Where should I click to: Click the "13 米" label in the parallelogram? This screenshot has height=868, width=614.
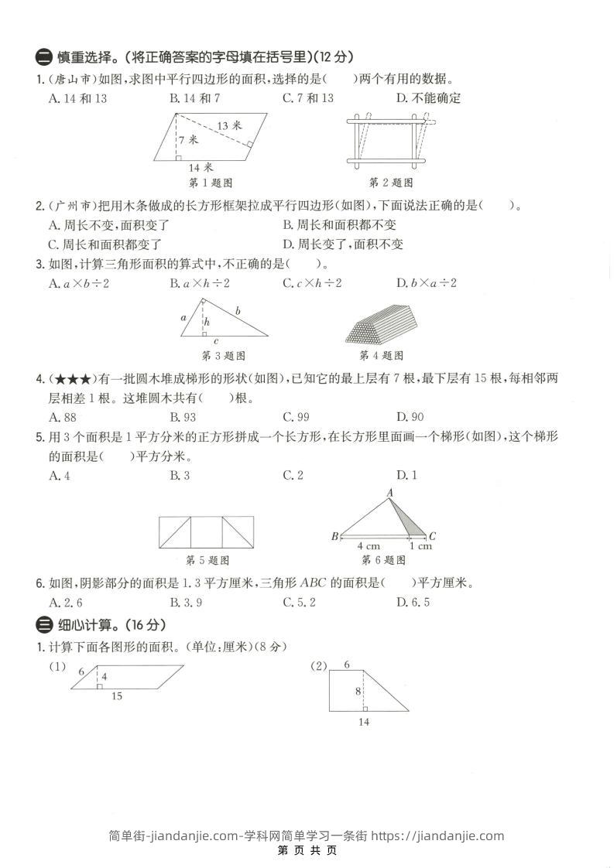(229, 125)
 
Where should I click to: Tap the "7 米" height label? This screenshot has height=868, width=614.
(187, 140)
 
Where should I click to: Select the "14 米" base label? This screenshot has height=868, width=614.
(201, 167)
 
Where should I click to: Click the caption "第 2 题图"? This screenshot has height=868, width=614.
(390, 183)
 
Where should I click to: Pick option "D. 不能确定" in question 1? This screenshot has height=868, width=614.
(428, 98)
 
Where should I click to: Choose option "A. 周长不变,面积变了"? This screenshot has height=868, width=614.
(108, 225)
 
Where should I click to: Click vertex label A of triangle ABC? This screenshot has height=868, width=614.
(389, 493)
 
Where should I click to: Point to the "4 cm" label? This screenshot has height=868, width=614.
(368, 546)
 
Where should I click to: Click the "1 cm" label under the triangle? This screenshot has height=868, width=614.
(420, 546)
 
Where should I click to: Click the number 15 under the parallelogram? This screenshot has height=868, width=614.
(116, 696)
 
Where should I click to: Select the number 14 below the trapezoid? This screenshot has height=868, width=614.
(364, 722)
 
